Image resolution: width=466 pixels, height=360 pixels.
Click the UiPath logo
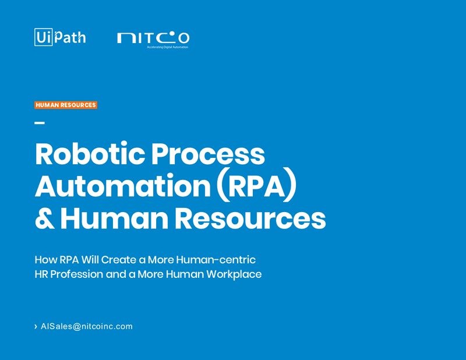pos(60,37)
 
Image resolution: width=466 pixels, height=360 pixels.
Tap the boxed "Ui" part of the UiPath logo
pos(43,37)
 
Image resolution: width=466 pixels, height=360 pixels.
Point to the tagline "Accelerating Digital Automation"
pos(168,47)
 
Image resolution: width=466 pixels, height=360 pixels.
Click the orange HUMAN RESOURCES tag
pos(66,105)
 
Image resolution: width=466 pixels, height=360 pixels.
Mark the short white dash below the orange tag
pos(40,122)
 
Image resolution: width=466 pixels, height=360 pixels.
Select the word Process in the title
pos(208,154)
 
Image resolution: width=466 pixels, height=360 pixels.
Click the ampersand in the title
pos(45,218)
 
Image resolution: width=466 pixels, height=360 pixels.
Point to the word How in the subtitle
pos(45,260)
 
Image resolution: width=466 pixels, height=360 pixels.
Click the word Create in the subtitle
pos(119,260)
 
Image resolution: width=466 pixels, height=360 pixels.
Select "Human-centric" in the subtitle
pos(216,260)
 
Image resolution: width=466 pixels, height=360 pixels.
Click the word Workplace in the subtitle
pos(234,274)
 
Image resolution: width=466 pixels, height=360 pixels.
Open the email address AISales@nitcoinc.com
pos(87,326)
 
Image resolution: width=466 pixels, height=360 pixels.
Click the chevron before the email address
pos(36,326)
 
